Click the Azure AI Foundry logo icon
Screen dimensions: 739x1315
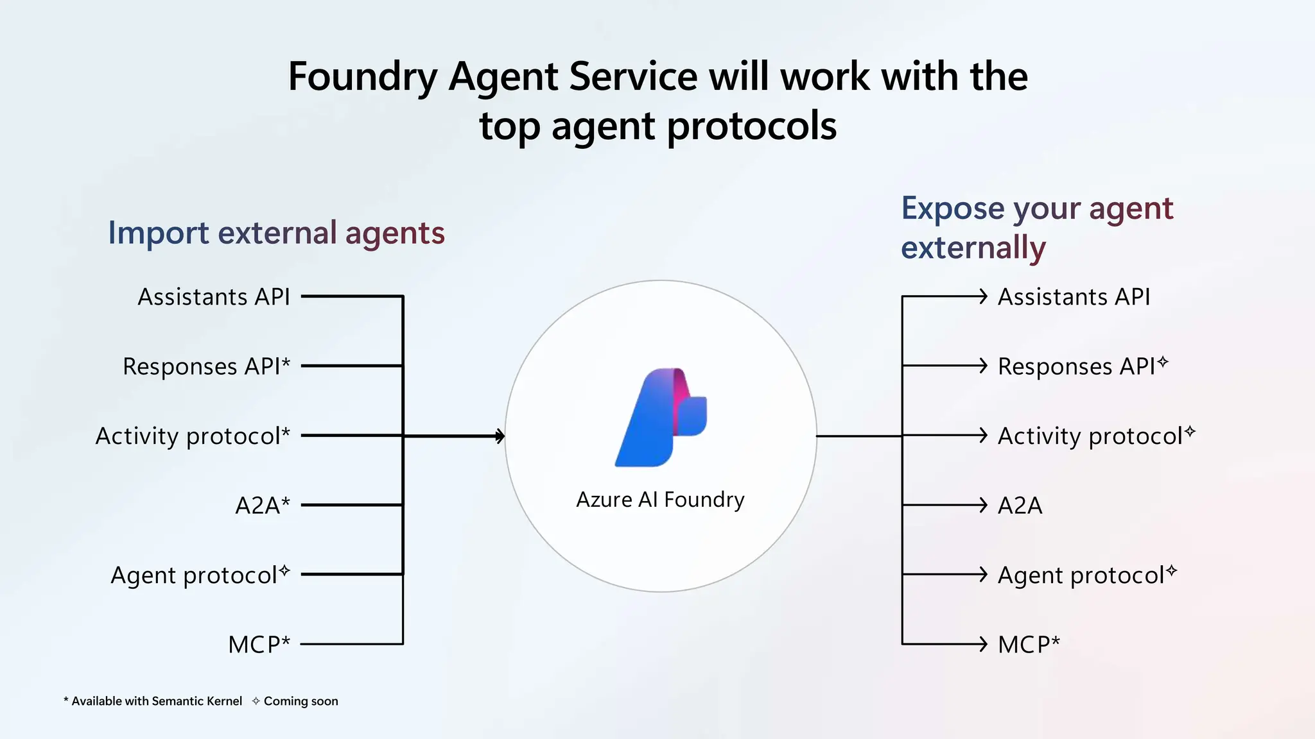(661, 418)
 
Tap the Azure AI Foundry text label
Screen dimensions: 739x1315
(660, 499)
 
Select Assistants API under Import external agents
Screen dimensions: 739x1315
(214, 297)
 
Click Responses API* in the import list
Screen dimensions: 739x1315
(206, 366)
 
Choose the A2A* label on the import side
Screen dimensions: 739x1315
(262, 505)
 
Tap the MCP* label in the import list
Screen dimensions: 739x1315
(259, 644)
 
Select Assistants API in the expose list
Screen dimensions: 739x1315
(1074, 297)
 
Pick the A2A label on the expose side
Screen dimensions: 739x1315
(1020, 505)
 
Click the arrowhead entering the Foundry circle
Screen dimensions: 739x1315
(500, 436)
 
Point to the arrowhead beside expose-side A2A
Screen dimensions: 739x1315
(982, 505)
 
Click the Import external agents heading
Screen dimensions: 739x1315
(276, 232)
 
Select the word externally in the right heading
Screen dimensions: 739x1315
(973, 248)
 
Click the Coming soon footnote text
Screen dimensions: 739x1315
(300, 701)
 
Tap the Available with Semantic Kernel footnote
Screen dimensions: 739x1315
(156, 701)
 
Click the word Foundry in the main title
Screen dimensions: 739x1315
(362, 76)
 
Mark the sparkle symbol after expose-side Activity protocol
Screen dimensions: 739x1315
(1190, 431)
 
